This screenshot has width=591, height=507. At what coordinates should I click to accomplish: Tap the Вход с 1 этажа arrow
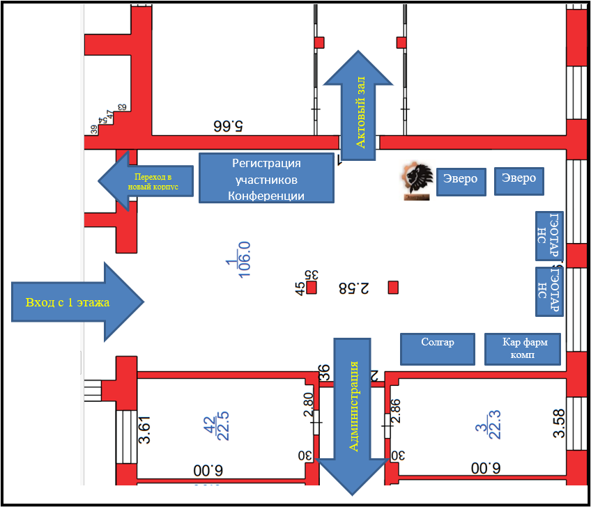click(x=77, y=302)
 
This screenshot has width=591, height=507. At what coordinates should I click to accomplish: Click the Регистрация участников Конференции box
click(x=266, y=178)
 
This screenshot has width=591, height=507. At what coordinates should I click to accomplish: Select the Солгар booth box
click(x=438, y=348)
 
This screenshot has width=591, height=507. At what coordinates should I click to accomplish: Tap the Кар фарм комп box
click(x=522, y=348)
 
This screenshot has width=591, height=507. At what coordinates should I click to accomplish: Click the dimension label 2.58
click(x=353, y=287)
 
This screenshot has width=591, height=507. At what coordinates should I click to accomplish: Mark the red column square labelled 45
click(x=312, y=287)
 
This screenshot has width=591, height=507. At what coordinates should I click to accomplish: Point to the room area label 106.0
click(x=244, y=260)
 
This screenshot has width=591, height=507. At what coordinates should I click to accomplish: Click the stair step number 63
click(x=123, y=107)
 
